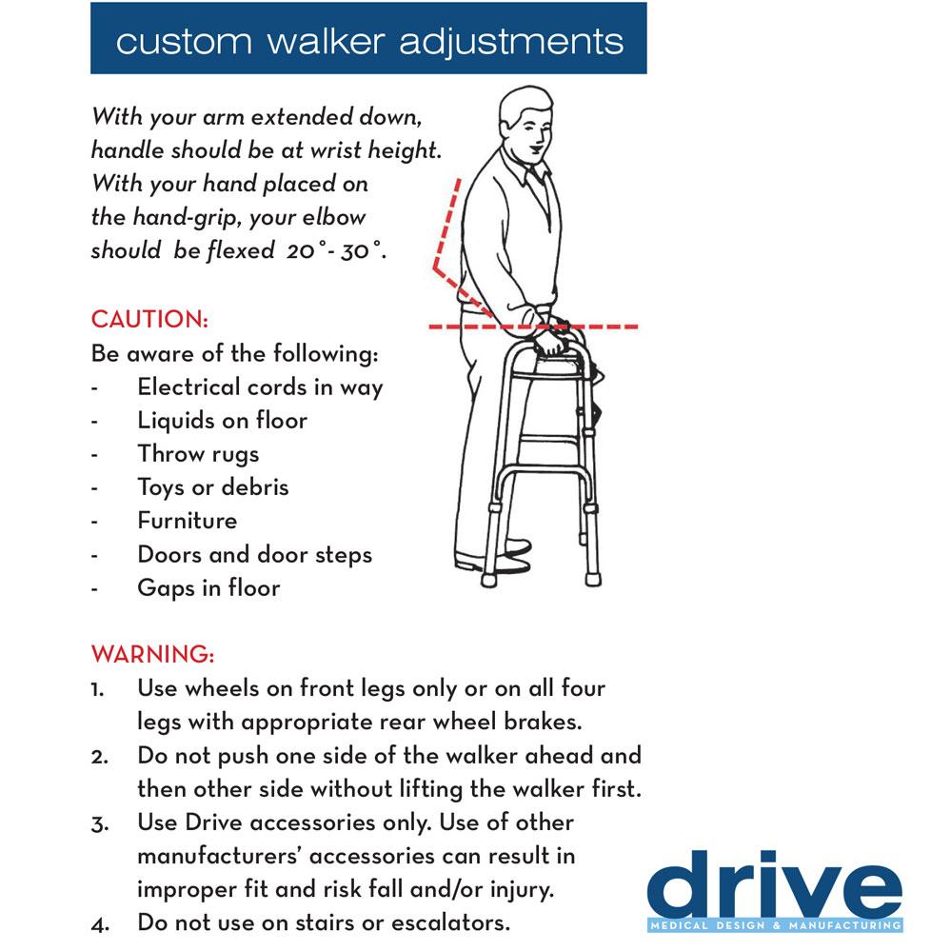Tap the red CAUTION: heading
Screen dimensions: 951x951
pos(149,319)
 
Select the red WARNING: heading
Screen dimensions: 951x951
pos(152,655)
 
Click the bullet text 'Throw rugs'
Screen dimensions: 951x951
pos(198,453)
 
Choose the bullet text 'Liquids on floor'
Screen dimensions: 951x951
pos(222,420)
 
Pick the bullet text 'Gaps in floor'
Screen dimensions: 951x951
pos(208,587)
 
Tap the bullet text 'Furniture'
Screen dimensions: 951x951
pos(188,521)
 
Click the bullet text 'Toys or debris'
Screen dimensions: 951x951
pos(212,487)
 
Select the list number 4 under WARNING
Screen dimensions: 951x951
pos(99,922)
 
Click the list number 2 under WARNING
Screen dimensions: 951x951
pos(99,756)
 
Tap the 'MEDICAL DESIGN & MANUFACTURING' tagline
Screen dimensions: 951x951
pos(773,925)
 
